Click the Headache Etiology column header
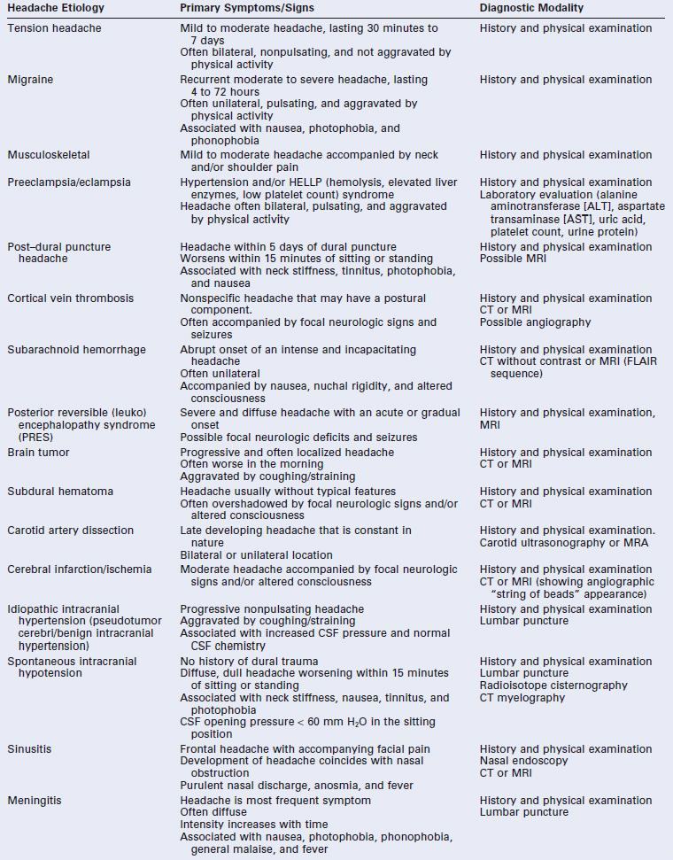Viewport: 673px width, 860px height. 56,8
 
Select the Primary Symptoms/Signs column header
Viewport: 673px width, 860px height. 246,8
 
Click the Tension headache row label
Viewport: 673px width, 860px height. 54,28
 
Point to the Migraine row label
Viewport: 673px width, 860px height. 30,80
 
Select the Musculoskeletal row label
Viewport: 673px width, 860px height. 49,155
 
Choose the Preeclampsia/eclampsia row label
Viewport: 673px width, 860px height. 69,182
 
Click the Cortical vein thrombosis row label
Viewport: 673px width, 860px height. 71,298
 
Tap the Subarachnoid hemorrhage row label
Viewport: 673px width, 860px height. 76,350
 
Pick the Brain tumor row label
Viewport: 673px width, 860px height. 38,453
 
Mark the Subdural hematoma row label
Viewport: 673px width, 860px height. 60,492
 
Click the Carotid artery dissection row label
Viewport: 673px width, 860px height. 71,531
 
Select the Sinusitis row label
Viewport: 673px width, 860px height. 29,749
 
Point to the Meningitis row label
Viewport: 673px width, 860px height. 35,801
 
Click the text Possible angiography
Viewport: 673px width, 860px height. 535,322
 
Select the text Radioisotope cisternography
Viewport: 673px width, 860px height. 553,686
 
